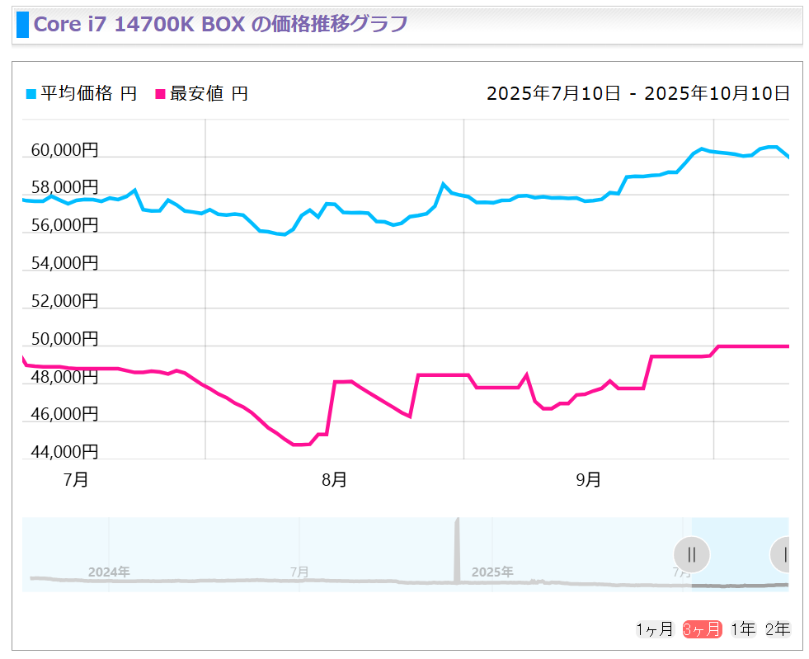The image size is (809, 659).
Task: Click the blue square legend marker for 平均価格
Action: (x=31, y=94)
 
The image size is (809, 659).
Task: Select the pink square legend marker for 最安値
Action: (x=160, y=94)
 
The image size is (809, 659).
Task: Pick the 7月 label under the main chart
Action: (x=76, y=480)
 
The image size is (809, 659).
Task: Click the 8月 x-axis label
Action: (x=334, y=480)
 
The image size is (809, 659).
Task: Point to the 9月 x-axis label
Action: (x=588, y=480)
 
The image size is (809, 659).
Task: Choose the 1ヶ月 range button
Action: (x=655, y=630)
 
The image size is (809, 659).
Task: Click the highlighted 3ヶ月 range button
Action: (x=702, y=630)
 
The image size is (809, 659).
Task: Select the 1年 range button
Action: (x=743, y=630)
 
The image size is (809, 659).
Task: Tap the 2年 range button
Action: (x=778, y=630)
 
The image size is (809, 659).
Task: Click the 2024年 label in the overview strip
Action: (x=109, y=572)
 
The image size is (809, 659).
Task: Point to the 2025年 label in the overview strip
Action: (x=492, y=572)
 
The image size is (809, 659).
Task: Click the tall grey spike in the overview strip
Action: (x=458, y=548)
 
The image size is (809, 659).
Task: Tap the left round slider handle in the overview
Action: (x=691, y=554)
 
